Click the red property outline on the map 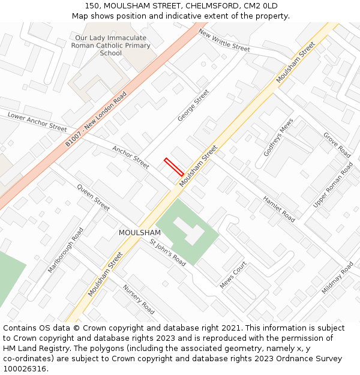coord(174,167)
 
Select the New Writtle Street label coord(224,40)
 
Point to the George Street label coord(193,106)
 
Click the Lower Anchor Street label coord(37,121)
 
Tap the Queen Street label coord(93,197)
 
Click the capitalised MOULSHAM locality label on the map coord(140,233)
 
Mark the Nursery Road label coord(139,299)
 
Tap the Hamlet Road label coord(279,209)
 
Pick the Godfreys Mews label coord(279,137)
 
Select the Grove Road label coord(337,145)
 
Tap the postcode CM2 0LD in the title coord(259,5)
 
